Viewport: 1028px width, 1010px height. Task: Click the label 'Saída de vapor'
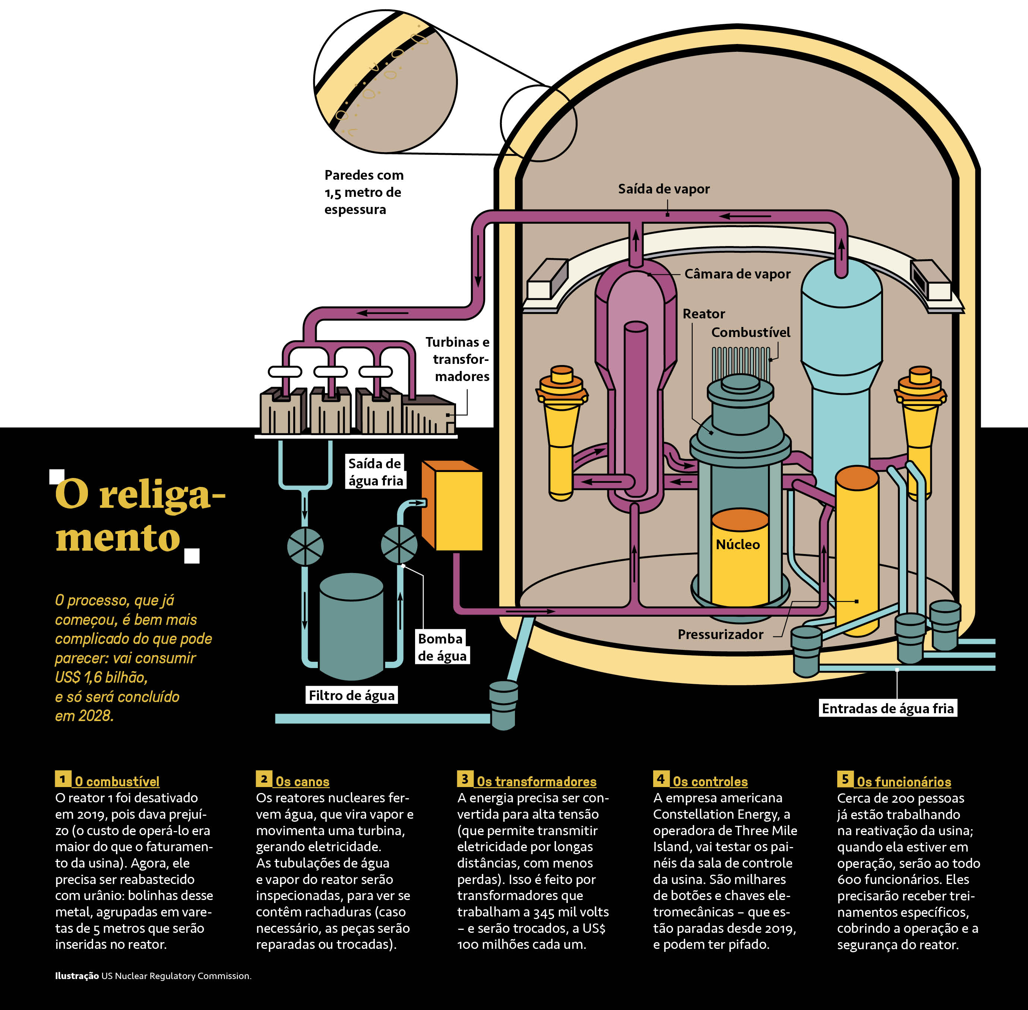pos(663,189)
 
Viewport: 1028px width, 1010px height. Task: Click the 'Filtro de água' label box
pos(351,695)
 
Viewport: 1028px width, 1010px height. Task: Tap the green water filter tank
pos(351,626)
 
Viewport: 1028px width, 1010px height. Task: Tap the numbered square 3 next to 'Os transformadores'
pos(464,779)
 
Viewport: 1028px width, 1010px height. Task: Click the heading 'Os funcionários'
pos(904,782)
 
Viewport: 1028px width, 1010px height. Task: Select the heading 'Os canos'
pos(302,781)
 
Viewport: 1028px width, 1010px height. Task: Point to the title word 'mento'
pos(118,538)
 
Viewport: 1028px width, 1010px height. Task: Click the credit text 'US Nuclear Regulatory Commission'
pos(176,976)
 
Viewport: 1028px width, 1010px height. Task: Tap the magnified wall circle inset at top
pos(385,82)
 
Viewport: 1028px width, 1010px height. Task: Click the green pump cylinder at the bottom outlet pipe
pos(503,705)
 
